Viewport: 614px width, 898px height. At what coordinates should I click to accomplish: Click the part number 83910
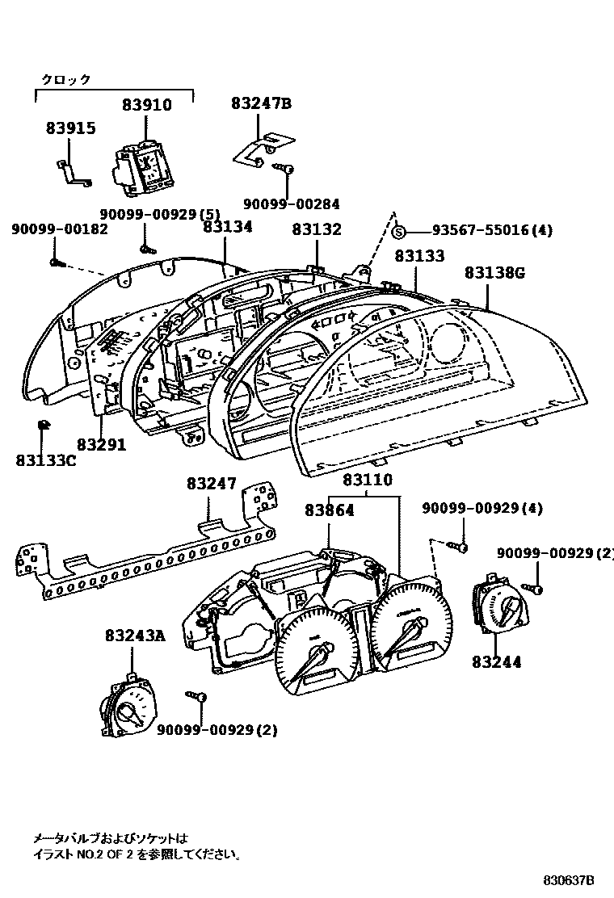(147, 105)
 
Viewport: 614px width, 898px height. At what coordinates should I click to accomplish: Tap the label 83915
(70, 128)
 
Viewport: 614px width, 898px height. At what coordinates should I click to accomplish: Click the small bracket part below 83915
(73, 172)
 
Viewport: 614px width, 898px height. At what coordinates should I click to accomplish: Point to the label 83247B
(260, 103)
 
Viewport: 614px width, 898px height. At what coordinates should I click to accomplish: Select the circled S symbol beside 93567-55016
(397, 232)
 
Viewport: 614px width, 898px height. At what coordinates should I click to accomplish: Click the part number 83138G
(494, 273)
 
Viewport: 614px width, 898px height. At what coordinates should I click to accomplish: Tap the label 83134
(228, 227)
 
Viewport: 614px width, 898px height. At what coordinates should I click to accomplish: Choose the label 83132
(317, 229)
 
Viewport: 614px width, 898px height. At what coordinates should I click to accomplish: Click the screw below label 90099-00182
(55, 261)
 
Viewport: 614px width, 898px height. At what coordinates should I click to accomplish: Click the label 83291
(102, 444)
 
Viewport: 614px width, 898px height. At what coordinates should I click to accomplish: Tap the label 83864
(330, 510)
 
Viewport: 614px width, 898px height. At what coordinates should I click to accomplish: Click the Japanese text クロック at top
(66, 79)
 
